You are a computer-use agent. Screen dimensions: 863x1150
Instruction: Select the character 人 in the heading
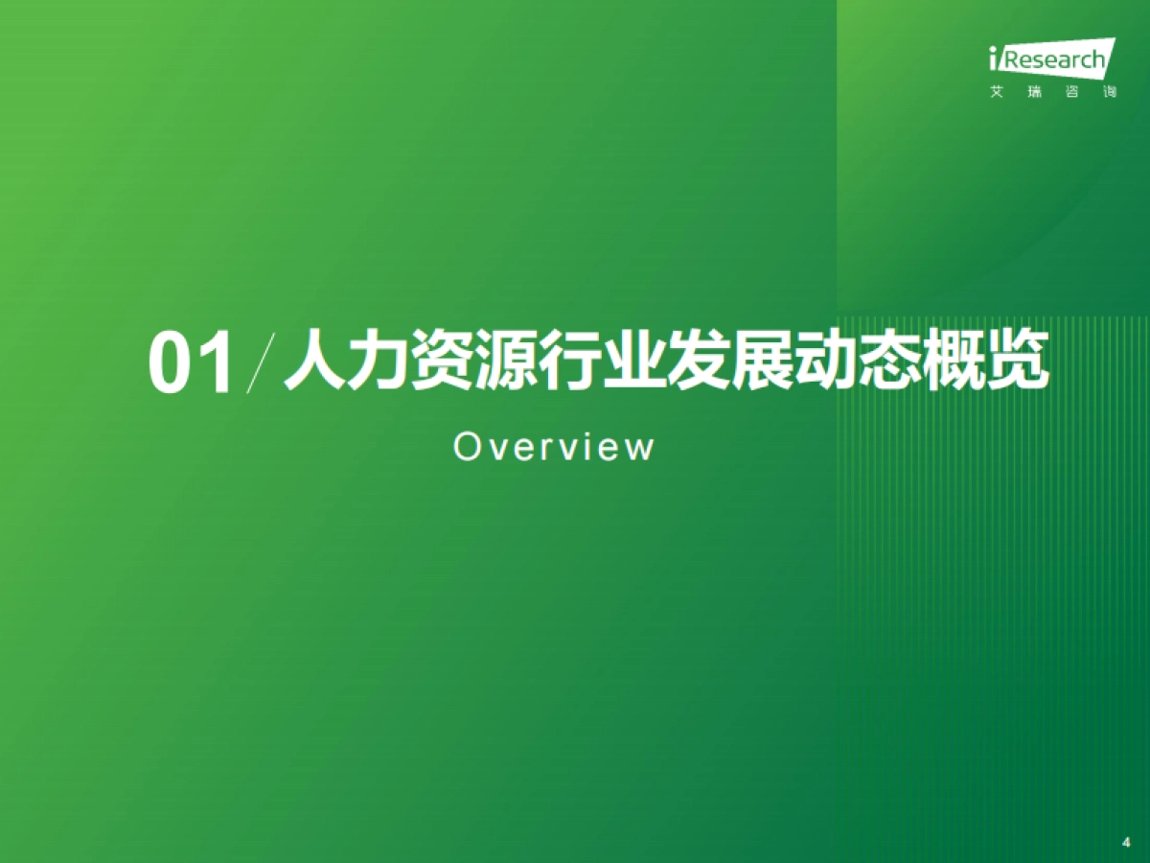314,362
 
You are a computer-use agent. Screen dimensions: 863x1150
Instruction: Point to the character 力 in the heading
376,362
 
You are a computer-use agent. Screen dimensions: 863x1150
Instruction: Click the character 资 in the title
438,362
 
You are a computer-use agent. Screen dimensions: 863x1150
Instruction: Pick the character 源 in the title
500,362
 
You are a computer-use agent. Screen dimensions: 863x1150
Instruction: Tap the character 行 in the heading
563,362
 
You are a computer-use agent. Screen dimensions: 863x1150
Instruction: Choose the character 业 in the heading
625,362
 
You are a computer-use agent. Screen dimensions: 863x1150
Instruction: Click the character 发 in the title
687,362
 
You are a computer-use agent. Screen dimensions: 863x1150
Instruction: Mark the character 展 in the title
749,362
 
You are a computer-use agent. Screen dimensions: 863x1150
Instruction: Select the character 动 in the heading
812,362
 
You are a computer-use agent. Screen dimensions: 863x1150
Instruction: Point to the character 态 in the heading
874,362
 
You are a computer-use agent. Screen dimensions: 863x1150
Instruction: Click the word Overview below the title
554,447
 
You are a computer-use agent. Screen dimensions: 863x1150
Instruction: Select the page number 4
1125,843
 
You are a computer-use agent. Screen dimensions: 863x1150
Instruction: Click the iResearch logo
1051,59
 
